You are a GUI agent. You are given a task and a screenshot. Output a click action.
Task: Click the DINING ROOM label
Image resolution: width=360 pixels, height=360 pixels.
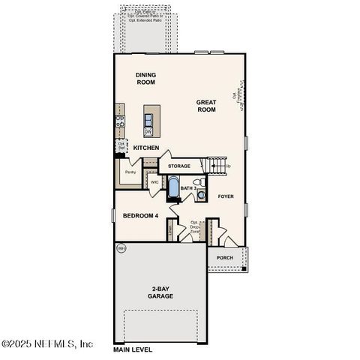click(x=145, y=78)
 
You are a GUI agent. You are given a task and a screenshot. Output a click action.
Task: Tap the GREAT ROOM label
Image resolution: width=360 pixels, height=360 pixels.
click(x=206, y=106)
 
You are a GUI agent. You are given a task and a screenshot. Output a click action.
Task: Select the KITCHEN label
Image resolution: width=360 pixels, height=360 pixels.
click(x=146, y=148)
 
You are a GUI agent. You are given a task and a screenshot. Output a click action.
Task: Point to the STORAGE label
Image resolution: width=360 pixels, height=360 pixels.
click(x=178, y=166)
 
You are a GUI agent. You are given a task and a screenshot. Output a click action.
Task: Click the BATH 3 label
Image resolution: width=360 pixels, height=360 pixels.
click(x=188, y=188)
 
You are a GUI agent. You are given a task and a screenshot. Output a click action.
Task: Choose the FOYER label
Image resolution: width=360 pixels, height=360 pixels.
click(x=226, y=196)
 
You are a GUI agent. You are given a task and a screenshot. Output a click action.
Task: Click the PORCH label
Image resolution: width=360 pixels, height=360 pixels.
click(x=224, y=258)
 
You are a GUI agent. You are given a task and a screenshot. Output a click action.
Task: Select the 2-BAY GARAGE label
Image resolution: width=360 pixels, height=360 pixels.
click(x=160, y=292)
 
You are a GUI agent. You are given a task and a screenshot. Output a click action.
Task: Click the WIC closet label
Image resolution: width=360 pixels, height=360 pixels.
click(x=154, y=181)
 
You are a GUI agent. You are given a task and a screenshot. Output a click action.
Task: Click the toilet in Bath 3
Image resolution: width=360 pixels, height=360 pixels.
click(x=199, y=182)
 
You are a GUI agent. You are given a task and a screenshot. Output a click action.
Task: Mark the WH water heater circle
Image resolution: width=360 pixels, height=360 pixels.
click(x=121, y=248)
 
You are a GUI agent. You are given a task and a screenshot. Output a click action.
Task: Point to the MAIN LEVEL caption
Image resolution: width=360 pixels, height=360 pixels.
click(x=133, y=349)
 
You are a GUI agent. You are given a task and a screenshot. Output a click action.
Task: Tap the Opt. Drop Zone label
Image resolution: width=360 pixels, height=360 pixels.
click(x=194, y=227)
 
